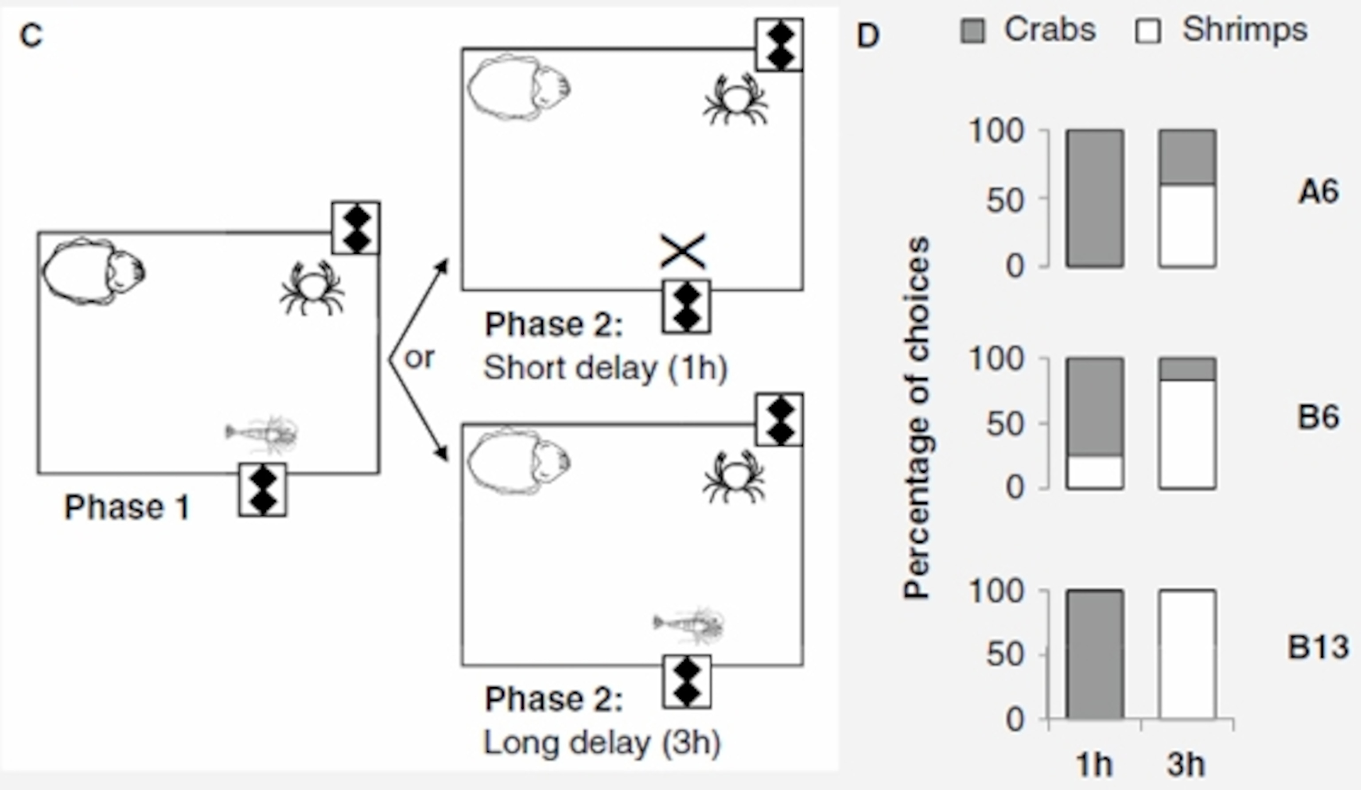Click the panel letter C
31,35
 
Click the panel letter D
868,35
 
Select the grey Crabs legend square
972,31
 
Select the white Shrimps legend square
1147,31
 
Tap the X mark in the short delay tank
683,251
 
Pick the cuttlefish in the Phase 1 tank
93,272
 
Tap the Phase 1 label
127,508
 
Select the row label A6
1318,192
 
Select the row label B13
1318,647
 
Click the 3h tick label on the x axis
1186,765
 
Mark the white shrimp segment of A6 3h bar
1187,226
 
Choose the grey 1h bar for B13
1095,654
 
